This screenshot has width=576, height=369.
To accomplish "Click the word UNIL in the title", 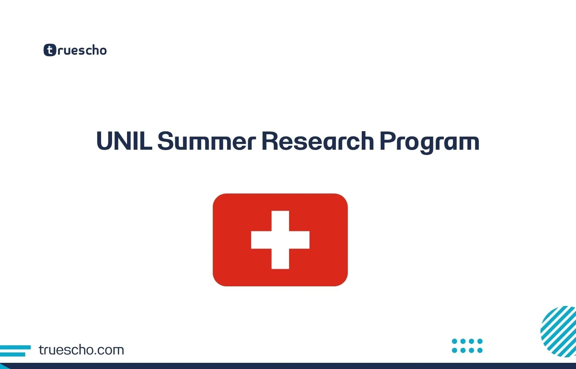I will click(124, 141).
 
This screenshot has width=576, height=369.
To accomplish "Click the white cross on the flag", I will click(280, 240).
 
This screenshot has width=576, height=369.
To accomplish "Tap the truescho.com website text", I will click(81, 350).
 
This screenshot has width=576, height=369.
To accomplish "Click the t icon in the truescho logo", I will click(50, 50).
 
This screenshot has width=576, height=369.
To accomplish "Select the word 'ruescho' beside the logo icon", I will click(82, 50).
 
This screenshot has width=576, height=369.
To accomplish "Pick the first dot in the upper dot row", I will click(454, 341).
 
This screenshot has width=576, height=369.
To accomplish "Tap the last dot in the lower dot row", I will click(480, 350).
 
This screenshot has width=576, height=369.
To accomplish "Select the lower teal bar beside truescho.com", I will click(13, 354).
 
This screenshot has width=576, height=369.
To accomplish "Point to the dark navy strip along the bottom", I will click(288, 366).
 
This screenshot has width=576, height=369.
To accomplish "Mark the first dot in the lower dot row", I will click(454, 350).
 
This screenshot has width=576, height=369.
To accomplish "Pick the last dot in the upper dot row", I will click(480, 341).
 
